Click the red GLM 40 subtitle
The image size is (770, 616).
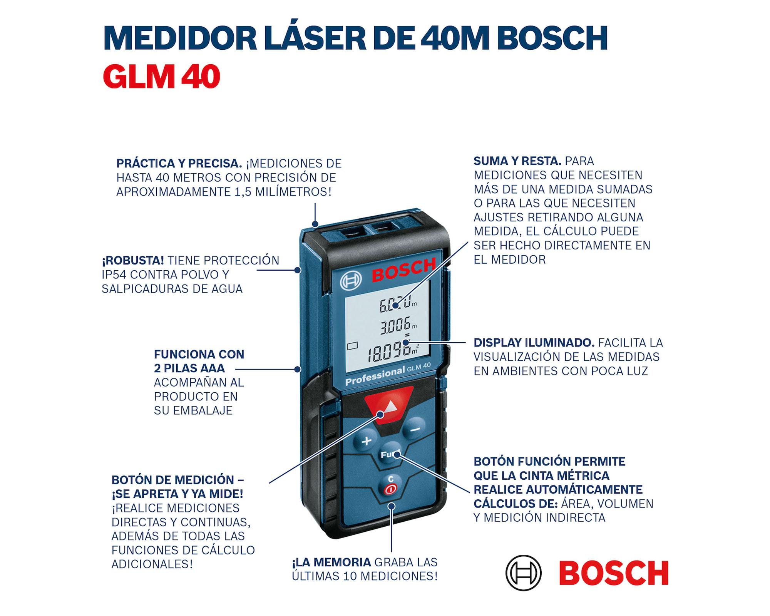[x=161, y=77]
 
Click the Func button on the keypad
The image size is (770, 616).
[x=390, y=455]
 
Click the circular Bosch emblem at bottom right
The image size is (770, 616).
[x=523, y=573]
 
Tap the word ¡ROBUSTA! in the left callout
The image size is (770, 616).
[x=133, y=261]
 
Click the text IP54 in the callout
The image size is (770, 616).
[x=114, y=275]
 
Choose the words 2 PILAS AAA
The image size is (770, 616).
[x=189, y=368]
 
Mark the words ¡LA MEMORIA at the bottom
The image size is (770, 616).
[x=331, y=562]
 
